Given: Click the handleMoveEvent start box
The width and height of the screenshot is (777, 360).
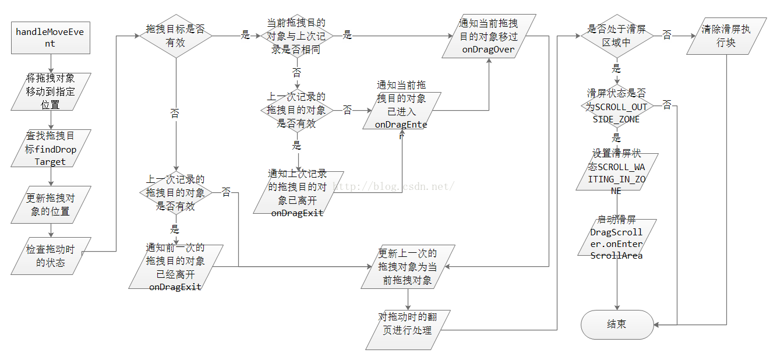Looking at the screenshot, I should [50, 37].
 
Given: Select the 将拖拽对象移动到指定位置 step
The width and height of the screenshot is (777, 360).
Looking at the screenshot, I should [51, 92].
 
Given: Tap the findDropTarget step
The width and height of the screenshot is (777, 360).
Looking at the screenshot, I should [51, 149].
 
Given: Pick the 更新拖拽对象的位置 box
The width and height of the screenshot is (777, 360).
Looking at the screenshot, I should [51, 204].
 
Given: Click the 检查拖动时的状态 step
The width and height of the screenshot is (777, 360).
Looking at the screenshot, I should [51, 256].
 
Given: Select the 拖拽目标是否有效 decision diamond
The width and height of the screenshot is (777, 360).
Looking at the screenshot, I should [175, 36].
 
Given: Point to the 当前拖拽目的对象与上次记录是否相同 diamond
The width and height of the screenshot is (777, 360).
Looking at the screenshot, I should [296, 36].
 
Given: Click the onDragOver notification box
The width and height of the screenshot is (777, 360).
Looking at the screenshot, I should [488, 37].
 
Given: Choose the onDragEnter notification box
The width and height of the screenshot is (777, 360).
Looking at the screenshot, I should [402, 110].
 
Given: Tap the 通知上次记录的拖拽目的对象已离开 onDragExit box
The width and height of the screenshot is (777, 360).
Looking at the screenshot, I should [298, 192].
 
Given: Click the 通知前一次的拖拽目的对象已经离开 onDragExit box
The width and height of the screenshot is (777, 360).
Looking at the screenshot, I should [175, 266].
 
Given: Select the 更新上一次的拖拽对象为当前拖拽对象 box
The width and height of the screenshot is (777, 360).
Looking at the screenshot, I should [408, 266].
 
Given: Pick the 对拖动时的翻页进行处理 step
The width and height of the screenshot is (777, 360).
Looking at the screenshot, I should [408, 324].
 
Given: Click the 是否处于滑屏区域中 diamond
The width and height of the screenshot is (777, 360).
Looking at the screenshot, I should [617, 36].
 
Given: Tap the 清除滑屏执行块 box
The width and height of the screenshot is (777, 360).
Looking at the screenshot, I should [726, 36].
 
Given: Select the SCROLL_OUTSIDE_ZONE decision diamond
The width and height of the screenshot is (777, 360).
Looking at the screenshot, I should [617, 106].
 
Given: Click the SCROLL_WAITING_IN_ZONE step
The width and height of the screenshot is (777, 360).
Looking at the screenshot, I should [617, 171].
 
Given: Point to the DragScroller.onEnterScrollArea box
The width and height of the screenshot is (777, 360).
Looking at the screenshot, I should [617, 237].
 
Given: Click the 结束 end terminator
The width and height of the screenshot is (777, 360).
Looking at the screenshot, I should [617, 324].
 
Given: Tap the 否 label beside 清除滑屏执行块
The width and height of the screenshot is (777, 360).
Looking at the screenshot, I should [667, 36].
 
